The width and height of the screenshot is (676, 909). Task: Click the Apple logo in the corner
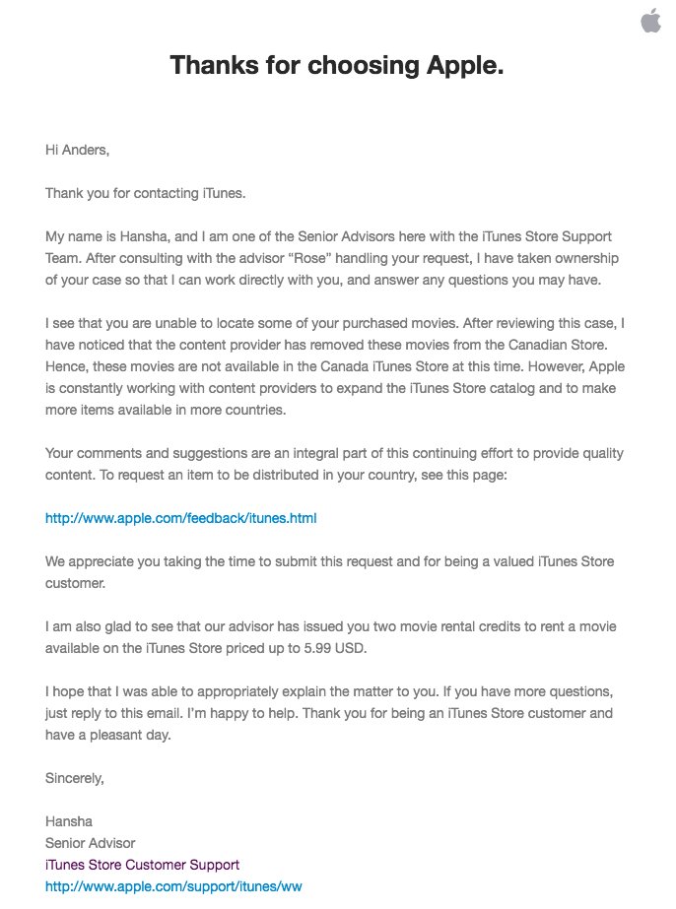(650, 21)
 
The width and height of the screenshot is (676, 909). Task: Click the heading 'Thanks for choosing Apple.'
(337, 66)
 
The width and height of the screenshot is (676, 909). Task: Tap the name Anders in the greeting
(84, 150)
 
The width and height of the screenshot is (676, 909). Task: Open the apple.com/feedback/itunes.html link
(180, 518)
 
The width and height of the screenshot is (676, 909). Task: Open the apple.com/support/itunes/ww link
(173, 886)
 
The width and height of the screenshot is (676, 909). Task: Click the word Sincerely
(74, 778)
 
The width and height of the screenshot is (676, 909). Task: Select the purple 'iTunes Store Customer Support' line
(142, 865)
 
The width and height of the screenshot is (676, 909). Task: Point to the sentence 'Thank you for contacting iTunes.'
(146, 193)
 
